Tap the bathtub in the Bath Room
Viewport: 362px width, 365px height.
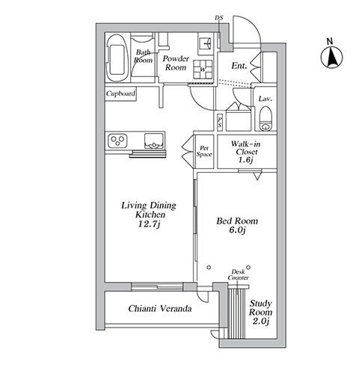(x=117, y=58)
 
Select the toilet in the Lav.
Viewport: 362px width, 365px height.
(x=266, y=119)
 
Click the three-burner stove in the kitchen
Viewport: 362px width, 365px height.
(x=117, y=141)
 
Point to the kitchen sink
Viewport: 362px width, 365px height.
(x=154, y=141)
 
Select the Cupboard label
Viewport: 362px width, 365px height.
(x=120, y=93)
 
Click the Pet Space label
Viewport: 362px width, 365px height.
(x=204, y=152)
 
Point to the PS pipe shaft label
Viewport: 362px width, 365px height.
(x=220, y=122)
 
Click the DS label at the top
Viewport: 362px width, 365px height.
(x=219, y=18)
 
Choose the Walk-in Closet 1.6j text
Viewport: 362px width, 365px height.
(x=246, y=152)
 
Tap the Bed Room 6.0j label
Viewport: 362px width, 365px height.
(x=237, y=225)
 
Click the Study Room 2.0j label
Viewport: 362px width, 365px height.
(x=261, y=313)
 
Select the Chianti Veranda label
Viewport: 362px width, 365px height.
(x=160, y=309)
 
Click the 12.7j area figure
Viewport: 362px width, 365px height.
(x=149, y=224)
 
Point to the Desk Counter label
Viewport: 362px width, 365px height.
(x=239, y=274)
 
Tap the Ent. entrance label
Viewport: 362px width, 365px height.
(x=239, y=66)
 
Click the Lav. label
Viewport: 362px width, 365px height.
(x=266, y=99)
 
